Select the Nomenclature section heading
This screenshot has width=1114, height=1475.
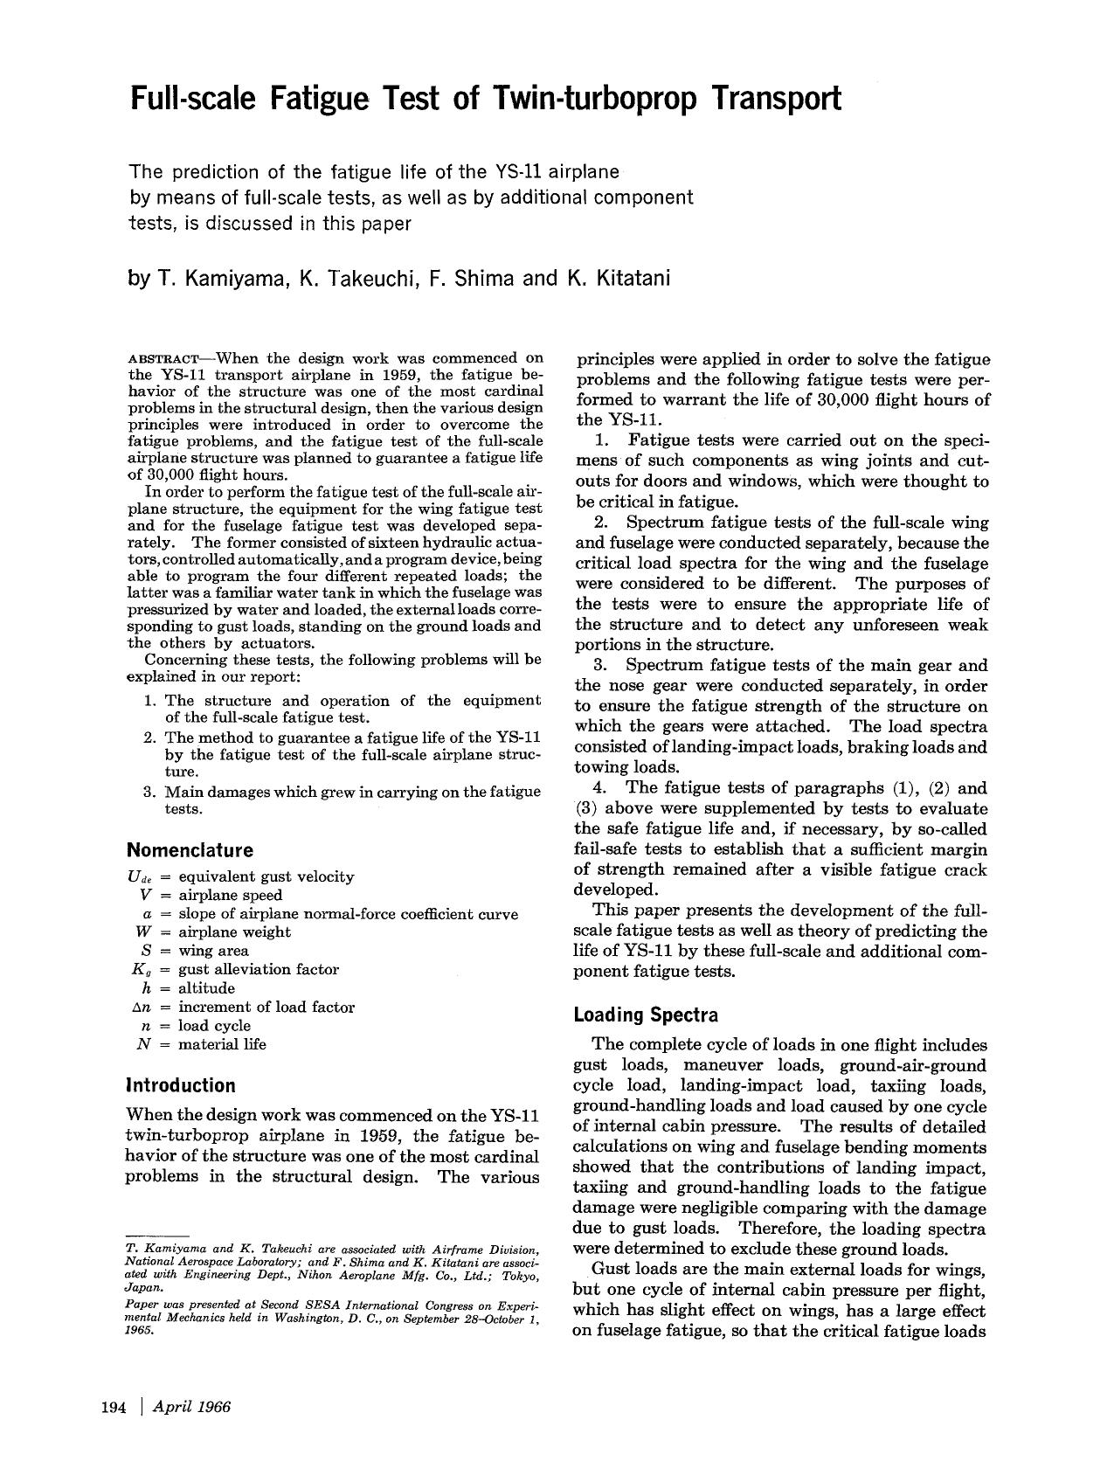pos(190,850)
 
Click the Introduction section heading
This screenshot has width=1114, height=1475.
pos(181,1085)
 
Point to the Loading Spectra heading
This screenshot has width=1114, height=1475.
pos(646,1014)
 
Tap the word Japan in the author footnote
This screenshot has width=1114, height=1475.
pos(142,1288)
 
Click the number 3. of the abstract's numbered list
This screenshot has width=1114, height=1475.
pos(148,792)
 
